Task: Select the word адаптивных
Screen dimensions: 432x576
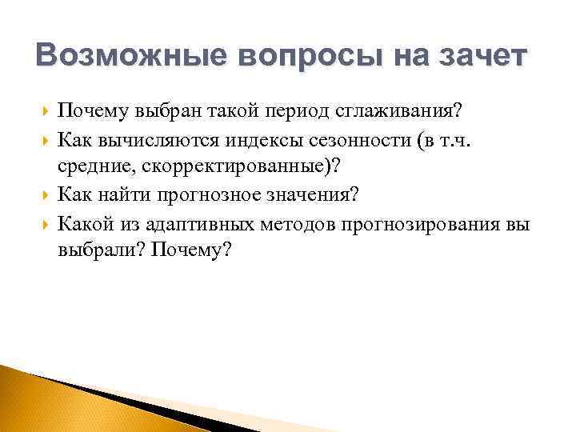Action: [x=179, y=223]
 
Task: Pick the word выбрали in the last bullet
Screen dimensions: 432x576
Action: [x=91, y=250]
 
